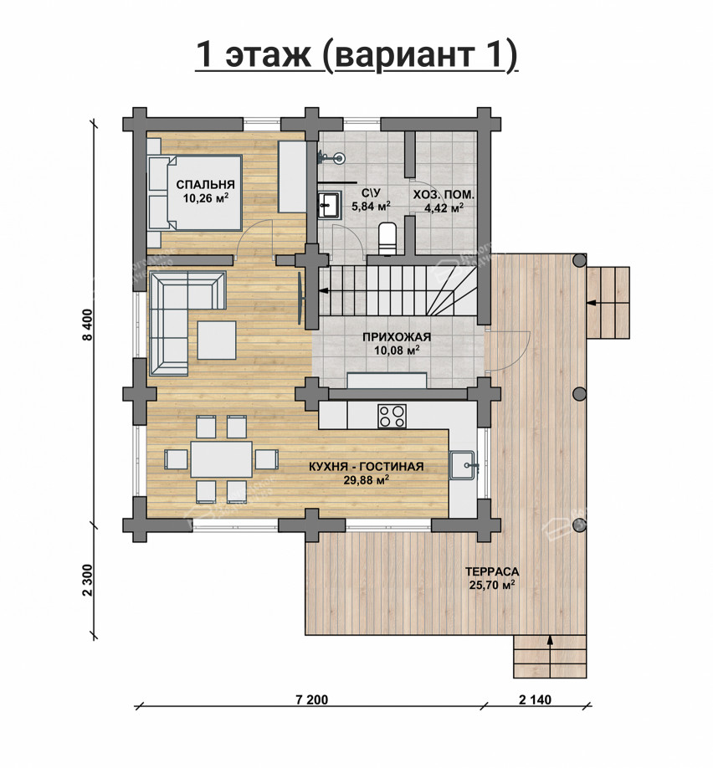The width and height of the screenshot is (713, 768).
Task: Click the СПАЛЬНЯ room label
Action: [x=205, y=185]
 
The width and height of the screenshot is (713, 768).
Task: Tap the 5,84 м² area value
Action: [x=371, y=206]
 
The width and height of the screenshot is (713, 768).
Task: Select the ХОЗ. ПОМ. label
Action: [x=444, y=195]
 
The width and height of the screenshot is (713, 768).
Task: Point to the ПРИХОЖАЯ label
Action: [x=397, y=337]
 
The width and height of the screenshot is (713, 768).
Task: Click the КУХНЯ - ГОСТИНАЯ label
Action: [x=367, y=467]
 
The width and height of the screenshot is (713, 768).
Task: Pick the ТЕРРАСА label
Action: [x=492, y=571]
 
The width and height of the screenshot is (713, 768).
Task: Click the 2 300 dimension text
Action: [x=88, y=581]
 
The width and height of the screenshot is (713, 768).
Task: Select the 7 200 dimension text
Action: [x=312, y=699]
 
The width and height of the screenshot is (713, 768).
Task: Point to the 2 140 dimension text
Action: [x=535, y=699]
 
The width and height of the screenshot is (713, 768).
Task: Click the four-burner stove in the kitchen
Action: [x=392, y=417]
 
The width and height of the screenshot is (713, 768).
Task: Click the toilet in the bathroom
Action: [x=387, y=238]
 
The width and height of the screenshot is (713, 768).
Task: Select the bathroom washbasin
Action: [x=329, y=204]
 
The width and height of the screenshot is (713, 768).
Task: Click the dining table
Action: [x=222, y=459]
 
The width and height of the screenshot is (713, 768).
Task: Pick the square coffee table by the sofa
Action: [x=217, y=340]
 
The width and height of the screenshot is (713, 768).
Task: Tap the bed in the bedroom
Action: [x=195, y=192]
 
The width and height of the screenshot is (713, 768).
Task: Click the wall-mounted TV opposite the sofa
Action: [x=300, y=298]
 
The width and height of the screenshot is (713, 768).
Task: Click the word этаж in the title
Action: [x=268, y=54]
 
